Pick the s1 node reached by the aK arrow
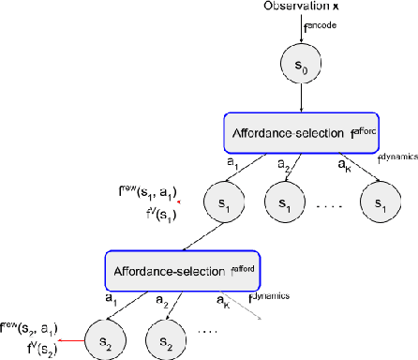(x=382, y=203)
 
